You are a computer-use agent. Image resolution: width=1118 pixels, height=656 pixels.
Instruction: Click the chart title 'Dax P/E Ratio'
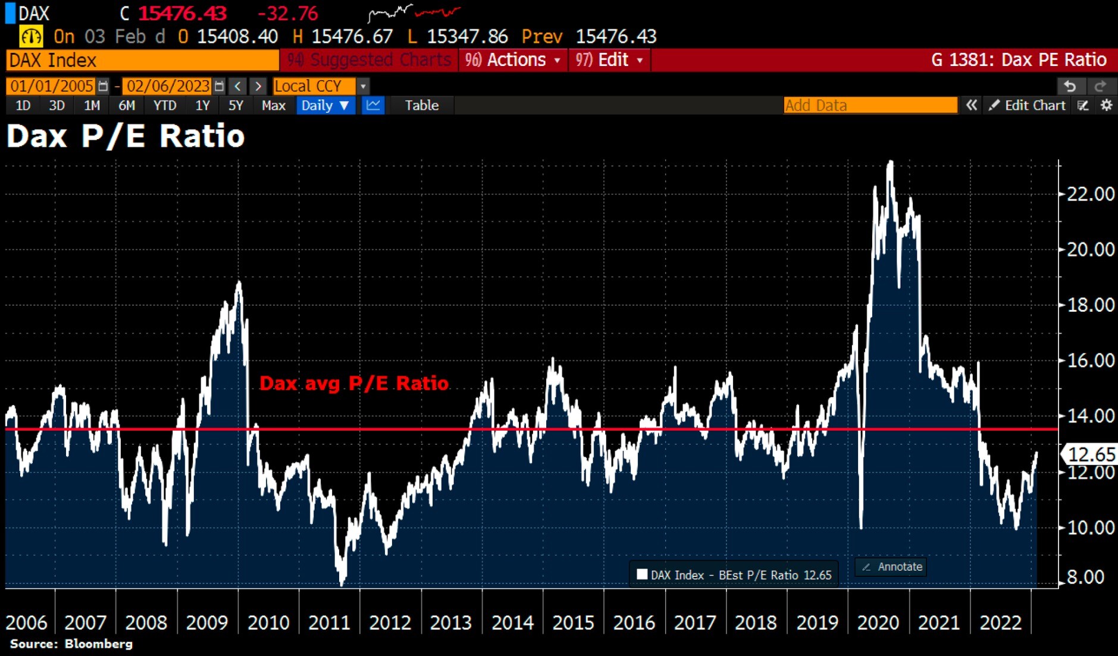click(126, 136)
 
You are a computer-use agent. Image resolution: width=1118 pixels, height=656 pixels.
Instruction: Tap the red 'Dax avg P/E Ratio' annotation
click(353, 384)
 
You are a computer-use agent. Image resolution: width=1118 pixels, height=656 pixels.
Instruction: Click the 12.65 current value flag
click(1091, 454)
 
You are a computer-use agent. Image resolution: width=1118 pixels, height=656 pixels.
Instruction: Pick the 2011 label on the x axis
click(329, 623)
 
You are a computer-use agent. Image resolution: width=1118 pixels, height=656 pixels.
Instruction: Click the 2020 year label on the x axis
click(878, 623)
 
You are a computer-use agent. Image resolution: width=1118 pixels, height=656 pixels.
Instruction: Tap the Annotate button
click(892, 567)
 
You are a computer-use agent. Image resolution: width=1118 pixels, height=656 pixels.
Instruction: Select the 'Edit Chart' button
click(1028, 105)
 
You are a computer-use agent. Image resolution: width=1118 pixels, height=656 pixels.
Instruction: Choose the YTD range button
click(165, 105)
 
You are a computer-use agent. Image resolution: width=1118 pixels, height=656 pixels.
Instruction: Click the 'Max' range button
click(273, 105)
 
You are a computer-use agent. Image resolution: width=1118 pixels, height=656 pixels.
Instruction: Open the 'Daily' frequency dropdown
click(325, 105)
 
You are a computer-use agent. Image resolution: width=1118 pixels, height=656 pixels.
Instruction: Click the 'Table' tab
click(421, 105)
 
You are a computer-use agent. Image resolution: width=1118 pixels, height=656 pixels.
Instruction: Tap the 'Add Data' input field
click(870, 105)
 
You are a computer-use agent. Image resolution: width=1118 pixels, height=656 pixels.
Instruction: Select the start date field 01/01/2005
click(51, 86)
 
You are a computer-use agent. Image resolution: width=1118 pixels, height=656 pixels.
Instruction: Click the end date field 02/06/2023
click(168, 86)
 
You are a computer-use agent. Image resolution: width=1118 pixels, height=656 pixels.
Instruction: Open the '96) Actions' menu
click(513, 60)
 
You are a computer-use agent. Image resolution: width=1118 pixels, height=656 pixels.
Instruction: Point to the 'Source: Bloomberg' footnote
click(71, 644)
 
